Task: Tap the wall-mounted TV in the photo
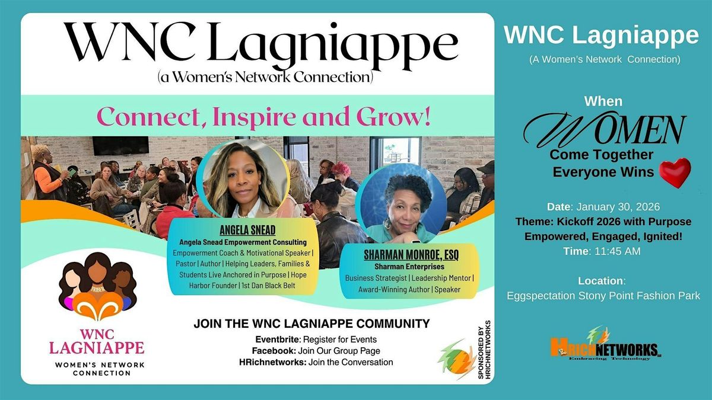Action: pyautogui.click(x=120, y=146)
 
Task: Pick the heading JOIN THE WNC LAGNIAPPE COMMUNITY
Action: pyautogui.click(x=311, y=324)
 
